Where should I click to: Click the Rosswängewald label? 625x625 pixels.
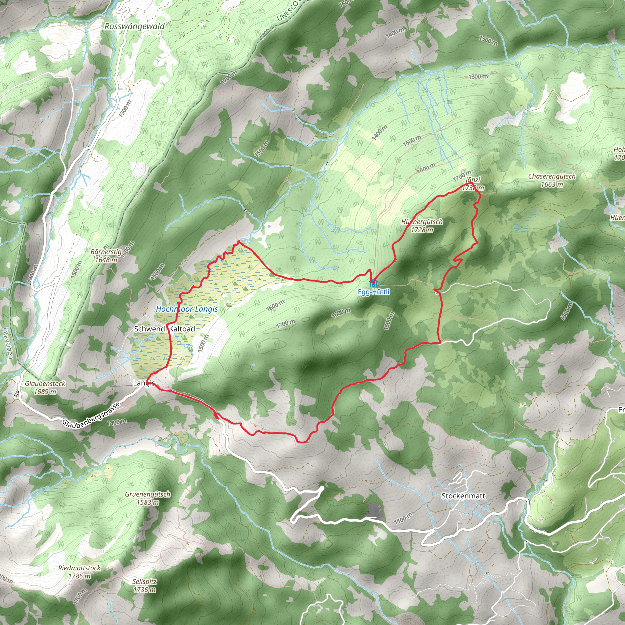coord(134,27)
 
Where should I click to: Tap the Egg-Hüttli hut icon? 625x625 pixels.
coord(373,282)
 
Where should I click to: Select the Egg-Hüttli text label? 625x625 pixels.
coord(374,292)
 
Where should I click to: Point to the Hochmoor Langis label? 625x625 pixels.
coord(187,309)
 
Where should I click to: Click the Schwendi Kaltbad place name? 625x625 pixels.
coord(164,329)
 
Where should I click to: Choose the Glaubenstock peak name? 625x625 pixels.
coord(45,384)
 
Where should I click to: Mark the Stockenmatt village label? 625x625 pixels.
coord(463,496)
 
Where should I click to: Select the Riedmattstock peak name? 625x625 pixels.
coord(79,568)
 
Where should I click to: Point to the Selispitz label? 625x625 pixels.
coord(144,581)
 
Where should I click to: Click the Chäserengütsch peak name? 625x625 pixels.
coord(551,176)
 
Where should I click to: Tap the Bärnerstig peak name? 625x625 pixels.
coord(106,252)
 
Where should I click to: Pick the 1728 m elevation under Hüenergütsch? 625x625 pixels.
coord(422,230)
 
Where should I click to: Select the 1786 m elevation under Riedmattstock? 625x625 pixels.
coord(79,576)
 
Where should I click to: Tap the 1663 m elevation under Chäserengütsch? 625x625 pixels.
coord(551,184)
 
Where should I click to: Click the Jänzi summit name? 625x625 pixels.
coord(473,180)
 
